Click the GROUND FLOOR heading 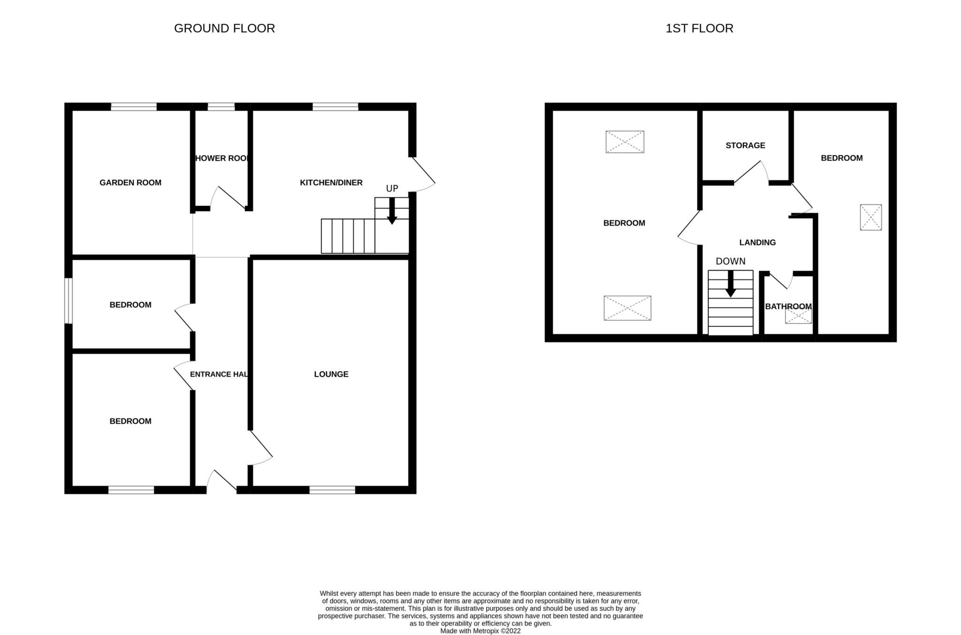(224, 28)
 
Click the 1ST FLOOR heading (699, 28)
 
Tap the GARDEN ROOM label (130, 182)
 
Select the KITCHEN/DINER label (331, 182)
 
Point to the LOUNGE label (331, 374)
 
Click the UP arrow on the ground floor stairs (392, 211)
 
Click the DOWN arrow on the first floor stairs (731, 284)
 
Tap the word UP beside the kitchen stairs (392, 189)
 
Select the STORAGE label (745, 145)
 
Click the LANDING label (757, 242)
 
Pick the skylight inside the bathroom (798, 317)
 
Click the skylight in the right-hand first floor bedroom (870, 217)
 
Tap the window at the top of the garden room (134, 107)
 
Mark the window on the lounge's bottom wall (332, 490)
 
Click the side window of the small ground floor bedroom (69, 301)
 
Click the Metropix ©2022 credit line (480, 631)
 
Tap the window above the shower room (221, 107)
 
